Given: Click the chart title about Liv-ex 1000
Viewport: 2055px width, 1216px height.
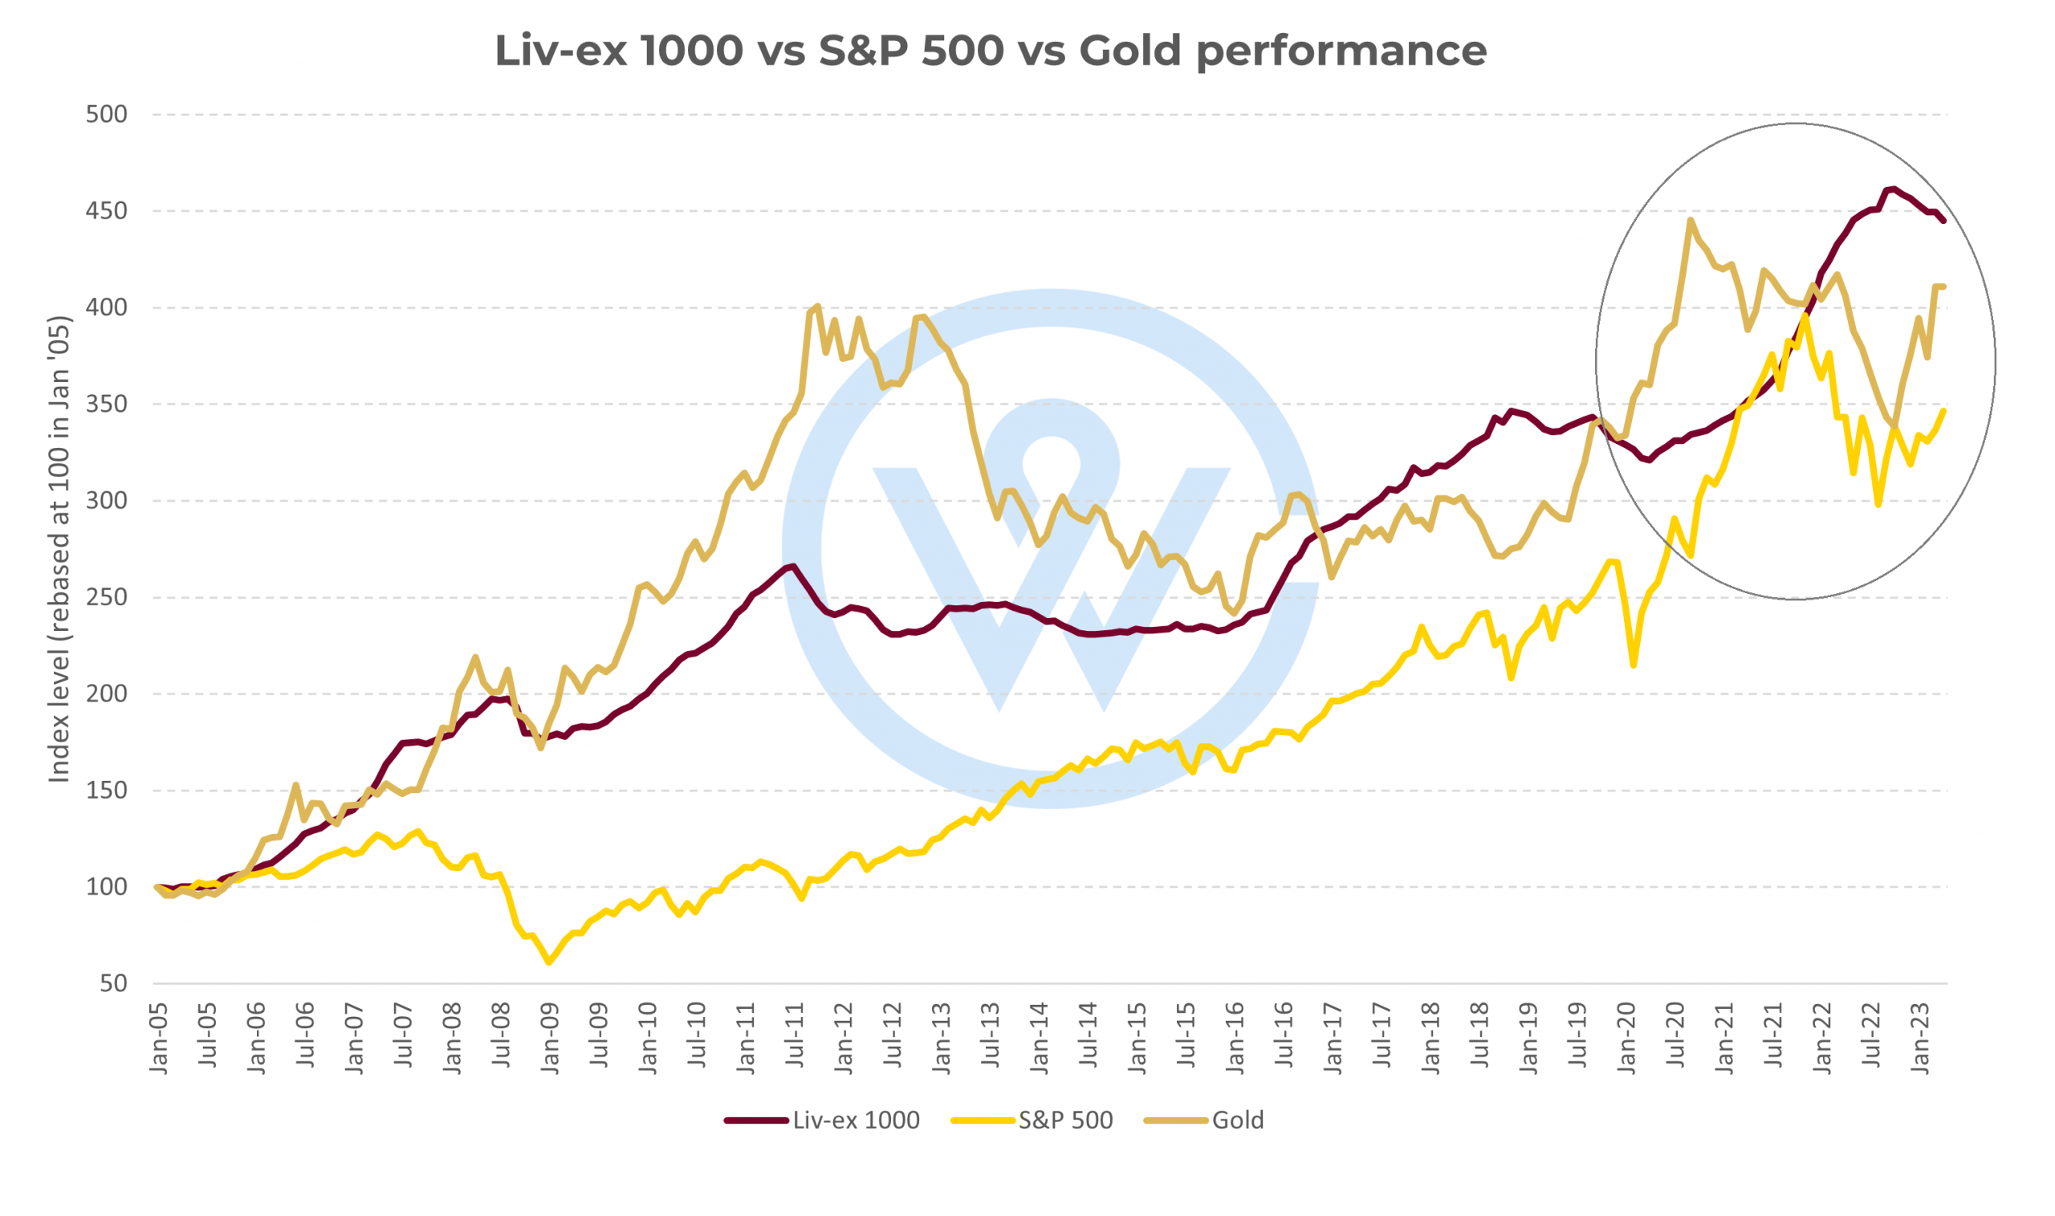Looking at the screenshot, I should point(990,51).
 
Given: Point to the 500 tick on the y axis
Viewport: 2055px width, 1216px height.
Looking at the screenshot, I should point(107,115).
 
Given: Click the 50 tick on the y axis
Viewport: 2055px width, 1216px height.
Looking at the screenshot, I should point(114,983).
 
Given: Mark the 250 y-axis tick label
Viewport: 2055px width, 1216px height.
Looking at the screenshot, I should point(107,597).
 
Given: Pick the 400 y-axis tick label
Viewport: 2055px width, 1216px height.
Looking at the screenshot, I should point(107,308).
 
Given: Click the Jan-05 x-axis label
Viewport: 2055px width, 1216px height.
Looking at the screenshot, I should point(158,1037).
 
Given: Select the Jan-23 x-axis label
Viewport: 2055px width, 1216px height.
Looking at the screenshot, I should point(1921,1037).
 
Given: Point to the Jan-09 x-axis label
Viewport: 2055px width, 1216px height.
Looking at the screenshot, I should point(550,1037).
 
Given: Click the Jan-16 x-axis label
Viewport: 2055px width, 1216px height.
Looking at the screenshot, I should point(1235,1037).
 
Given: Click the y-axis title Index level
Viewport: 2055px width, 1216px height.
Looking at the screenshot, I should point(59,549).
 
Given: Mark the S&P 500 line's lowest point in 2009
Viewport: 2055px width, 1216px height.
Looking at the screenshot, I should point(549,962).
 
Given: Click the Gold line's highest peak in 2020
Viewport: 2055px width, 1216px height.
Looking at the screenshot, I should point(1691,220).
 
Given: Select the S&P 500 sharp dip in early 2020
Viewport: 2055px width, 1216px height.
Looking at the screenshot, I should point(1633,665).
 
